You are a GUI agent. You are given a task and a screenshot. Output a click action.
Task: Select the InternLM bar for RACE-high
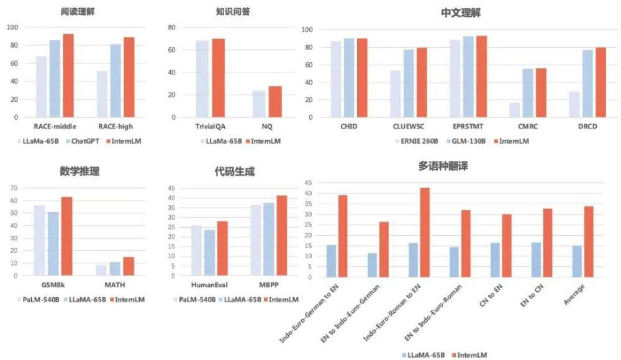pyautogui.click(x=129, y=77)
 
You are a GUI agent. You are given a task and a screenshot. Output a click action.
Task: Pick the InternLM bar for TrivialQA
pyautogui.click(x=219, y=78)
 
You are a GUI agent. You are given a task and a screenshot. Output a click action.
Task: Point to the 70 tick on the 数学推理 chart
pyautogui.click(x=12, y=187)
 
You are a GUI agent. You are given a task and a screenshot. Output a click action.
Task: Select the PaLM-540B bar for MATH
pyautogui.click(x=101, y=270)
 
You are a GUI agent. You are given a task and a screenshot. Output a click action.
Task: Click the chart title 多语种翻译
pyautogui.click(x=452, y=166)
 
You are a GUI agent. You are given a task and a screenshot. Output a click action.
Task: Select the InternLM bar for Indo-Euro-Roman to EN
pyautogui.click(x=425, y=232)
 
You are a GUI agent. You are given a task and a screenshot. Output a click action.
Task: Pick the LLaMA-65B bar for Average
pyautogui.click(x=577, y=261)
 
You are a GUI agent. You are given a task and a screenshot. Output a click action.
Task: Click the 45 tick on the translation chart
pyautogui.click(x=307, y=183)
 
